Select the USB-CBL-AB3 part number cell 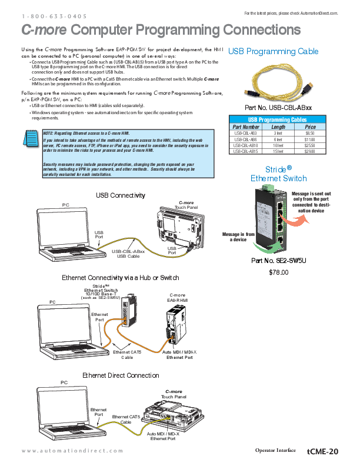pyautogui.click(x=246, y=134)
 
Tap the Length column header pyautogui.click(x=278, y=127)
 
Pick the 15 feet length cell pyautogui.click(x=278, y=151)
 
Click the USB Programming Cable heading pyautogui.click(x=274, y=52)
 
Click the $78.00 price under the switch pyautogui.click(x=278, y=272)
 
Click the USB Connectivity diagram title pyautogui.click(x=121, y=195)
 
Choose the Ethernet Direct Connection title pyautogui.click(x=121, y=375)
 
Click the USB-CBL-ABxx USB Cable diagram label pyautogui.click(x=128, y=254)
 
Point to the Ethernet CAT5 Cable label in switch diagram pyautogui.click(x=127, y=354)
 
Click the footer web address pyautogui.click(x=72, y=451)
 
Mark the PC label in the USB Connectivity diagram pyautogui.click(x=66, y=205)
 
